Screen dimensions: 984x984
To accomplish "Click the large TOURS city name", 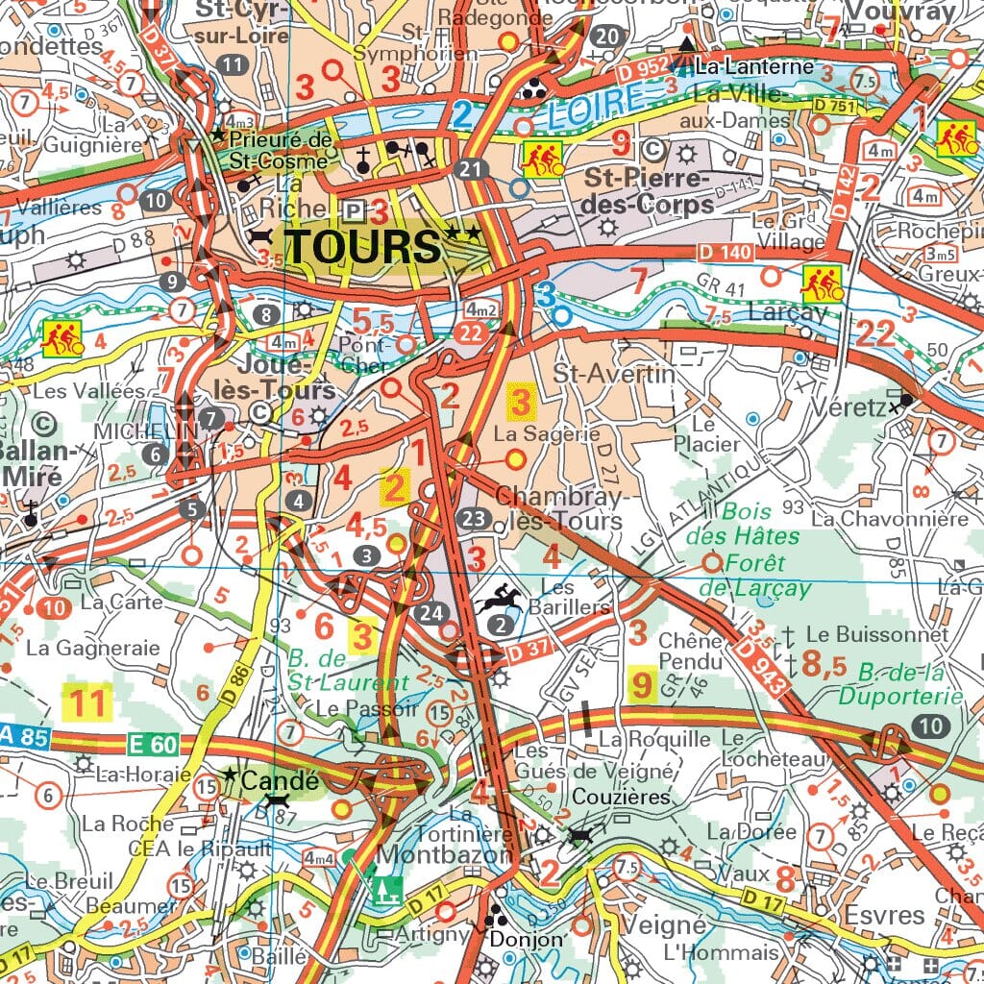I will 363,246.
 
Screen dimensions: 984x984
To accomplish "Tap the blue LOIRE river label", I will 587,108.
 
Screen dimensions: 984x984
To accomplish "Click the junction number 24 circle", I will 433,612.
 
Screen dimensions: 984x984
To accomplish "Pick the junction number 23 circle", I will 475,519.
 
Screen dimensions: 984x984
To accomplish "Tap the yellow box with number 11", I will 86,703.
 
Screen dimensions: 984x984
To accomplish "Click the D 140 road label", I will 722,253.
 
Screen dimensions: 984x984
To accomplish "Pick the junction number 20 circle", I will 606,37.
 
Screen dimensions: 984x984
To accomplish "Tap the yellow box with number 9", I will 641,685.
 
